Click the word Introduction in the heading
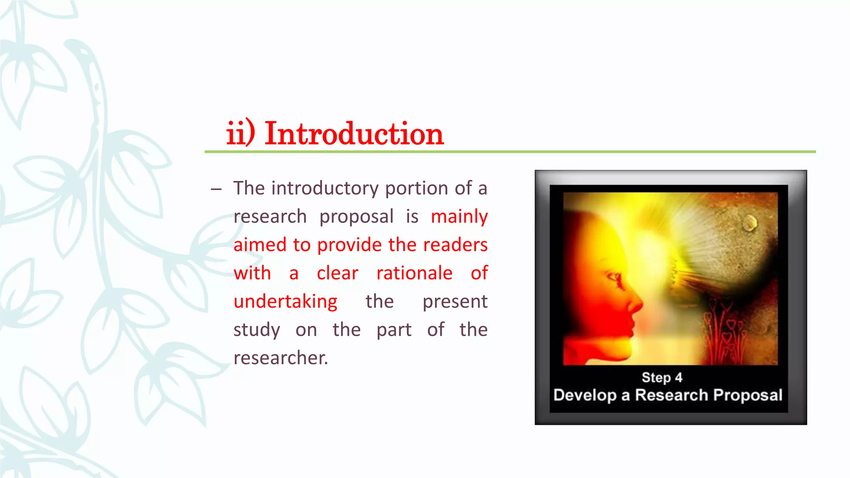[x=354, y=134]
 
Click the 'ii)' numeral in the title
[x=240, y=134]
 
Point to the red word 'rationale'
[x=414, y=273]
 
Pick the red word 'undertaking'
[x=286, y=302]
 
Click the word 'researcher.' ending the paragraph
[x=281, y=358]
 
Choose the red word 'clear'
[x=337, y=273]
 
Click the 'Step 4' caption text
[x=662, y=378]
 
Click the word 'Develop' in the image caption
[x=585, y=395]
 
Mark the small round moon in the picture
[x=750, y=223]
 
